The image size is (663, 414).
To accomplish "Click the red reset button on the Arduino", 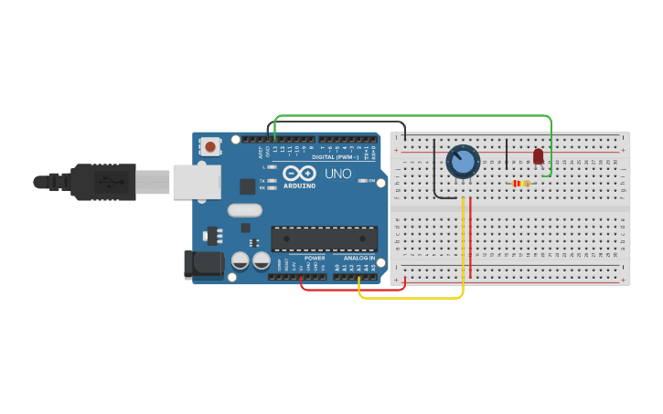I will point(210,146).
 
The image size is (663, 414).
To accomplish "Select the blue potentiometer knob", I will point(463,162).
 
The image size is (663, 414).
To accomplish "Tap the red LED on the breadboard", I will point(538,156).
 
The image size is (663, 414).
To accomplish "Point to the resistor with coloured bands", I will point(521,184).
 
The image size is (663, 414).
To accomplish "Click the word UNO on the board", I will point(338,173).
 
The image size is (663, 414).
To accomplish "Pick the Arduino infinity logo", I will point(299,173).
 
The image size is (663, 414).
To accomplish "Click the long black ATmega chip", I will point(325,239).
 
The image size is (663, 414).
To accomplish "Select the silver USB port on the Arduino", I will point(198,182).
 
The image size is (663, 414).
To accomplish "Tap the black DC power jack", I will point(202,264).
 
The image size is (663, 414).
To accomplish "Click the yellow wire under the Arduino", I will point(412,298).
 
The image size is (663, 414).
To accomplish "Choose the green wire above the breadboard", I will point(412,116).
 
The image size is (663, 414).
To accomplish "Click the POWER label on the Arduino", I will point(315,258).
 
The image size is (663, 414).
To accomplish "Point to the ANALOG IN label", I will point(359,258).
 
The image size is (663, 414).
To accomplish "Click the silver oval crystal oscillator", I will point(245,210).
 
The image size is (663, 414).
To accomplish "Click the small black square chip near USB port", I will point(247,186).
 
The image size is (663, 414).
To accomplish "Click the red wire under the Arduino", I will point(352,290).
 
